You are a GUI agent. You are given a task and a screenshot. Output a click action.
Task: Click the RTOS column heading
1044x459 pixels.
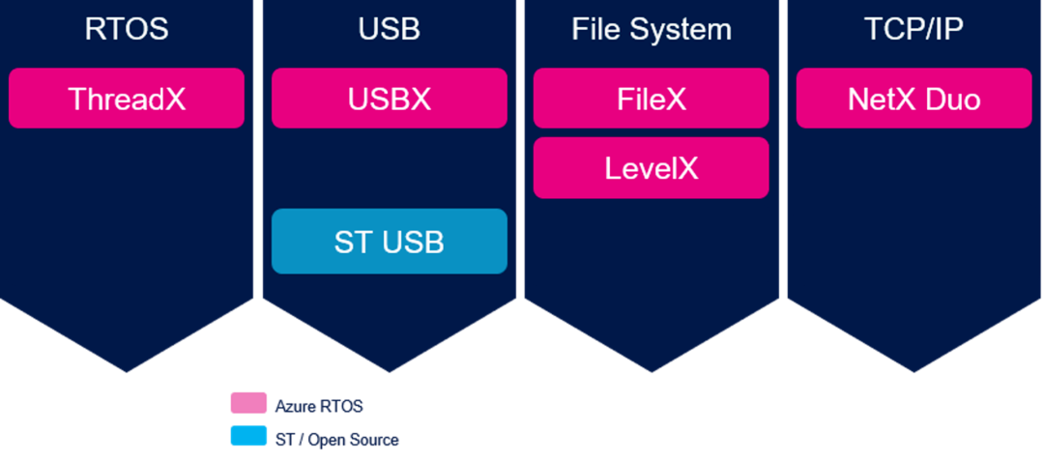(x=127, y=29)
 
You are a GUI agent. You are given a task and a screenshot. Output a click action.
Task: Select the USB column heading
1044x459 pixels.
(x=389, y=29)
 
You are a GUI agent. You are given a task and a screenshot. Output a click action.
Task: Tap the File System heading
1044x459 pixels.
(x=652, y=29)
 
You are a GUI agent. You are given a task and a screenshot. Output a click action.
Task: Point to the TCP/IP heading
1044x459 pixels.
(x=914, y=29)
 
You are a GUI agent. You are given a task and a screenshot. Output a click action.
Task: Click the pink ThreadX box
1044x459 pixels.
(x=127, y=98)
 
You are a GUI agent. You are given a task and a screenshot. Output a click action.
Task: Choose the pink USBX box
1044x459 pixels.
(x=389, y=98)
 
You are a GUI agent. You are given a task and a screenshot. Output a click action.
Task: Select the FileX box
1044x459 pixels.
(x=652, y=98)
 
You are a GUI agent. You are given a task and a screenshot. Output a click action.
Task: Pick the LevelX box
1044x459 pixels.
(x=652, y=168)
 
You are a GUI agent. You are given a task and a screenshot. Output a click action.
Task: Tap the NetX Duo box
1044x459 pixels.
(x=914, y=98)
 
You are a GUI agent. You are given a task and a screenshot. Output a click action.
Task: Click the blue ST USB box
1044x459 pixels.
(x=389, y=241)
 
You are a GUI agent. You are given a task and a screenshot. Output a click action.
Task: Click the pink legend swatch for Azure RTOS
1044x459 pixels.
(x=247, y=404)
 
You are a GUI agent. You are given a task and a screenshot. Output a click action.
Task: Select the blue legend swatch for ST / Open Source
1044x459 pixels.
(x=247, y=436)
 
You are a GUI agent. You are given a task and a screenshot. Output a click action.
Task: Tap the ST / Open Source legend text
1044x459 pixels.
(x=336, y=439)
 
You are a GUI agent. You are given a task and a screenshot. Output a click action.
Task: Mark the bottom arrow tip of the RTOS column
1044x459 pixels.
(x=127, y=369)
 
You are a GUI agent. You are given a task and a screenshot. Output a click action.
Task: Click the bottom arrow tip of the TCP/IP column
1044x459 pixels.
(x=914, y=369)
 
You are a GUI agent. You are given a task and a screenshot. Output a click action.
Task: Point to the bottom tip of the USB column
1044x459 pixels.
(x=389, y=369)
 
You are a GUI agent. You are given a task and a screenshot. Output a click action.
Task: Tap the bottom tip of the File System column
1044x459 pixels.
(x=652, y=369)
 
